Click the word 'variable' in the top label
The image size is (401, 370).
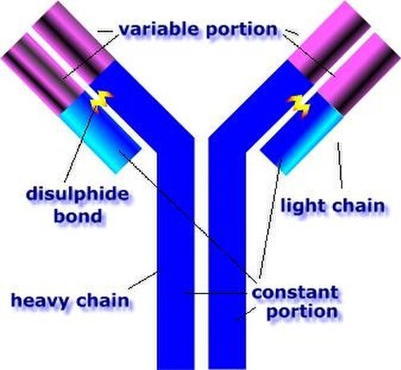coord(160,29)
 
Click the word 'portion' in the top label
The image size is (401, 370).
coord(242,30)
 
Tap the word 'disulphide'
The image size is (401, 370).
coord(78,193)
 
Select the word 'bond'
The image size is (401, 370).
coord(78,215)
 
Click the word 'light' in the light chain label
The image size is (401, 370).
coord(302,206)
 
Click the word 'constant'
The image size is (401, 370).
coord(295,292)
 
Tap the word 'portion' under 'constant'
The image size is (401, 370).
coord(302,312)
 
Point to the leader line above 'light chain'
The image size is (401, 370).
coord(340,166)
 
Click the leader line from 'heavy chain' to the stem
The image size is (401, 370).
coord(143,280)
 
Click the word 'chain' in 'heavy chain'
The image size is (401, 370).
coord(103,300)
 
